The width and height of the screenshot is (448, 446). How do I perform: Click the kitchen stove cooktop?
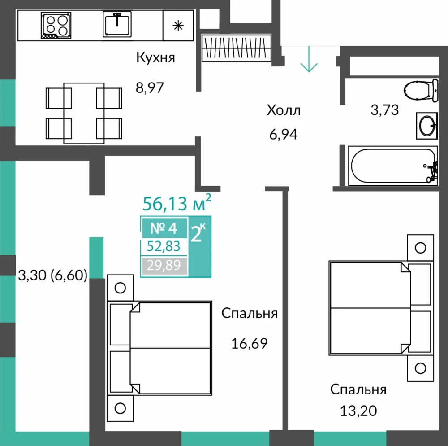56,26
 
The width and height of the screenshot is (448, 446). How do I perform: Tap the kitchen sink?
117,24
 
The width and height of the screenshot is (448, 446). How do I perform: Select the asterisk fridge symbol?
178,26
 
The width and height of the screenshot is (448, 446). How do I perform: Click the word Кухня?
155,58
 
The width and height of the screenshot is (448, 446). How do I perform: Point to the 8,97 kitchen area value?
150,88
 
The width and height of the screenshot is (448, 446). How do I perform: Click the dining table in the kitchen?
84,113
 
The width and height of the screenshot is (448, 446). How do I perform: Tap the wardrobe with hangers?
236,48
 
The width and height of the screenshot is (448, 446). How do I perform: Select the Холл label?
284,110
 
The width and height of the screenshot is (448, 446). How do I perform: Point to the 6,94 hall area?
284,134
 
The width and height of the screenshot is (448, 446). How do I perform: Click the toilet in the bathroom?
421,90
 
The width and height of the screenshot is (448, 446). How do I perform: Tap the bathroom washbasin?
427,126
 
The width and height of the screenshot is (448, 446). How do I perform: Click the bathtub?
393,166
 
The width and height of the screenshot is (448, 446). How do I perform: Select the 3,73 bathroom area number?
384,110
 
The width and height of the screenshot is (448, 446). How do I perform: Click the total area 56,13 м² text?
177,203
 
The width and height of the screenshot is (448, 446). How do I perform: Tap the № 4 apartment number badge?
164,228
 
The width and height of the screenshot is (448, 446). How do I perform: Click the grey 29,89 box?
164,266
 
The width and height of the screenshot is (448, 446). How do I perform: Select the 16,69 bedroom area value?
249,343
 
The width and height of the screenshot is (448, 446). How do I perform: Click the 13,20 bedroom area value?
358,411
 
